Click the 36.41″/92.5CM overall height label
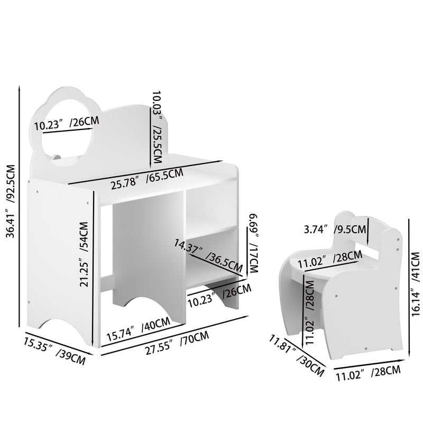(x=9, y=207)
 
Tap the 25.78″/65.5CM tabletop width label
(x=146, y=178)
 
